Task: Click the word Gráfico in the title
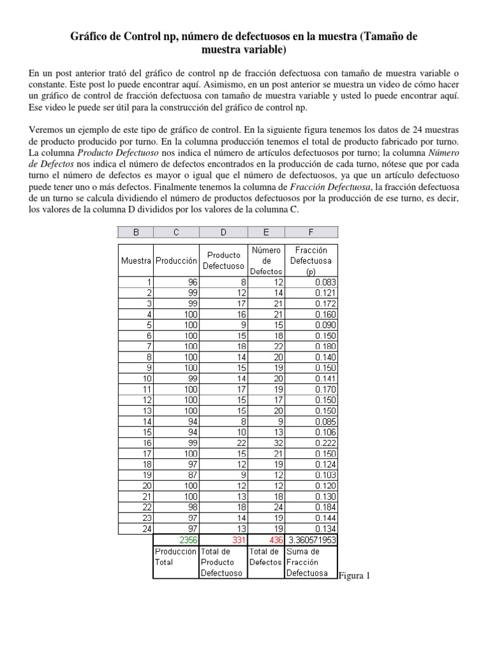click(90, 38)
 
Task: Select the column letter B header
click(136, 233)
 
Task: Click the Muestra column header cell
click(136, 261)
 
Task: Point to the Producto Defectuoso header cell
click(223, 261)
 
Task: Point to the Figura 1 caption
click(355, 576)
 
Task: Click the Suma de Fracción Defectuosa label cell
click(311, 562)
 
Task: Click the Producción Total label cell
click(176, 557)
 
